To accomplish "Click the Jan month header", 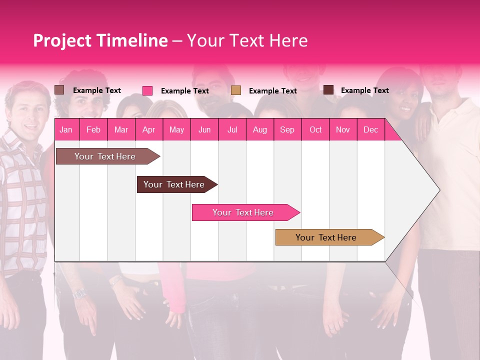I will (x=66, y=129).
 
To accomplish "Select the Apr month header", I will (x=149, y=129).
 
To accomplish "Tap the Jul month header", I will (x=232, y=129).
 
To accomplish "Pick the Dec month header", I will (x=370, y=129).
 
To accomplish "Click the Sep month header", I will (x=287, y=129).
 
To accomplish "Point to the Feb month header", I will (x=93, y=129).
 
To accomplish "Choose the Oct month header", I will (x=315, y=129).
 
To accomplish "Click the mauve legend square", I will (x=59, y=90).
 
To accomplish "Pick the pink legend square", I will (x=147, y=90).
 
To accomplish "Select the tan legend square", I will (x=236, y=90).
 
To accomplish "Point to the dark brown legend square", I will (x=328, y=90).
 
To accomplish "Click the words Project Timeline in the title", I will (x=100, y=40).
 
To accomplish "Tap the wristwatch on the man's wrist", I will (x=79, y=294).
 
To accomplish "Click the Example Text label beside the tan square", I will (x=272, y=91).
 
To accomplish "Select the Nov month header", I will (x=343, y=129).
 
